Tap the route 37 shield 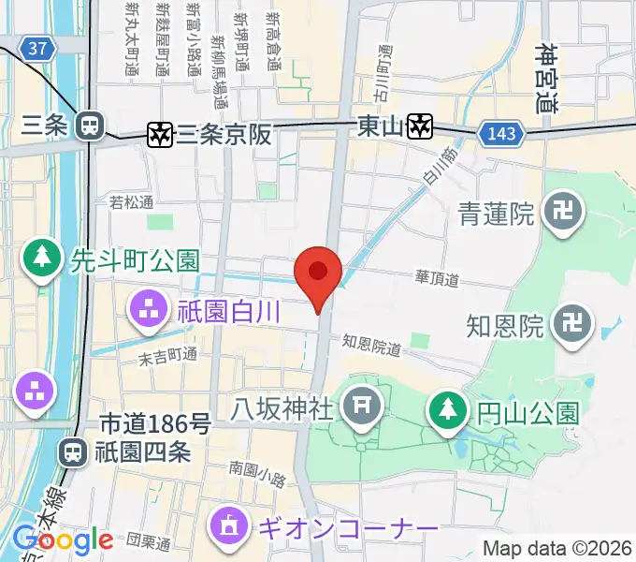[36, 48]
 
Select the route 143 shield [500, 135]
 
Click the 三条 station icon [91, 124]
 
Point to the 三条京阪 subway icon [160, 135]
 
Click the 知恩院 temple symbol [571, 326]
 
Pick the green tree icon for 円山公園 [446, 410]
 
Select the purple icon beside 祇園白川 [149, 311]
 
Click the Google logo [63, 540]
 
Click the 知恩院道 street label [371, 347]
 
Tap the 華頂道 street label [437, 278]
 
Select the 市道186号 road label [154, 425]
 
